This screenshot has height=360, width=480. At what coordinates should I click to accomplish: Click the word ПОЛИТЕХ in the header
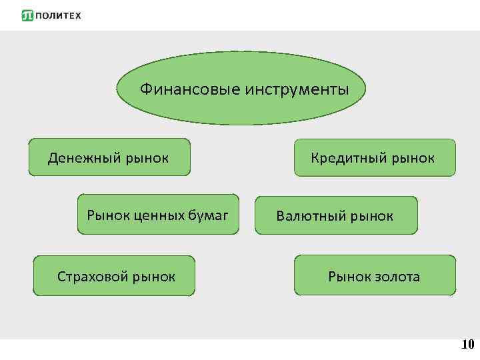coord(57,15)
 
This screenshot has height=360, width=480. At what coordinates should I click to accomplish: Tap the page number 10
coord(467,345)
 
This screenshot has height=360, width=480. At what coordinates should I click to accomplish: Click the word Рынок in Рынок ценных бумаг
coord(108,215)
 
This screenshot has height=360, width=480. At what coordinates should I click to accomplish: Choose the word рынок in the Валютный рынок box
coord(371,216)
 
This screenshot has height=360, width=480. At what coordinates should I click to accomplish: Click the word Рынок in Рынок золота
coord(347,276)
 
